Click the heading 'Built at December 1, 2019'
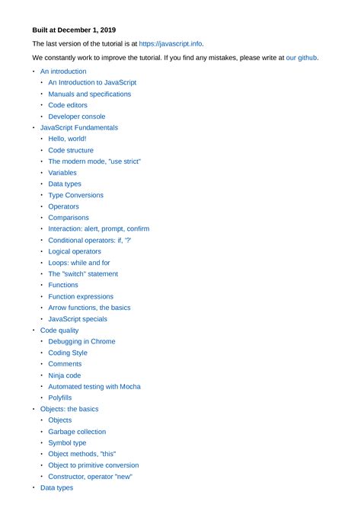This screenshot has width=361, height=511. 74,30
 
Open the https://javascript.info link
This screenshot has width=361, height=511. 171,44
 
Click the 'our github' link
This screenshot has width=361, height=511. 302,58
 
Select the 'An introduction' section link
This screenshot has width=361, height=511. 63,71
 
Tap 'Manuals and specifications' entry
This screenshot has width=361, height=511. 89,94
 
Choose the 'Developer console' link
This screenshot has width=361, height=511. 77,117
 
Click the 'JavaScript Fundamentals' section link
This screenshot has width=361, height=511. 79,128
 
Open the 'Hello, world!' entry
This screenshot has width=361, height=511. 67,139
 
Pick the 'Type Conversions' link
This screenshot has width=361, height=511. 75,195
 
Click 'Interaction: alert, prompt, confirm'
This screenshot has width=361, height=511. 98,228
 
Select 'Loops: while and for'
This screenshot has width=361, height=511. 79,263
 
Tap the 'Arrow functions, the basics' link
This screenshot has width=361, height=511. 89,308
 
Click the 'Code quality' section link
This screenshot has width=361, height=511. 59,331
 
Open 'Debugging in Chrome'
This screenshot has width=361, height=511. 81,341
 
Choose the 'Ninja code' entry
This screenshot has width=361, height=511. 64,375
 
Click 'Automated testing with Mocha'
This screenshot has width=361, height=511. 94,386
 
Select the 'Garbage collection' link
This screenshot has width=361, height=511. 77,432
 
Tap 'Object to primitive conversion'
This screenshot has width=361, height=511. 94,465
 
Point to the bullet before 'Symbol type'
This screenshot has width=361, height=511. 42,442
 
